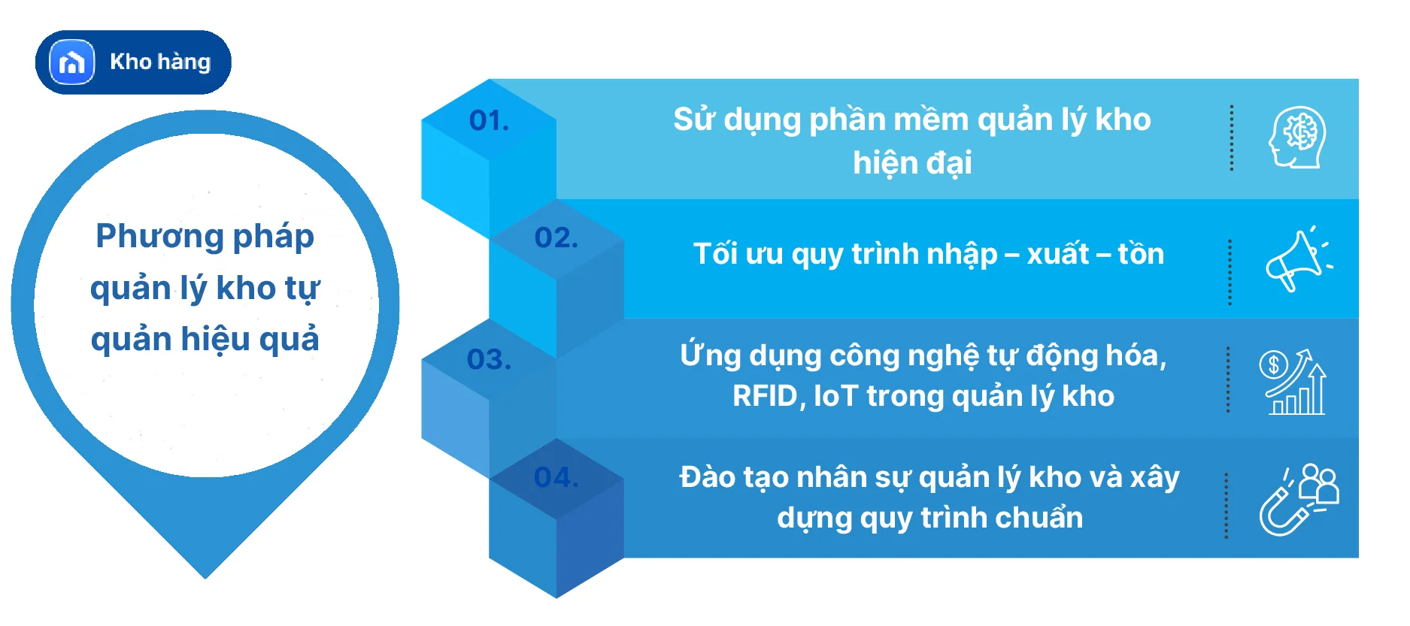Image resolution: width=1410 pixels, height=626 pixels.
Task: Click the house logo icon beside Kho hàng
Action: pyautogui.click(x=72, y=62)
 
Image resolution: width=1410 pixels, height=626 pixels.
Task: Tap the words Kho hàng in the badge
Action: pyautogui.click(x=160, y=62)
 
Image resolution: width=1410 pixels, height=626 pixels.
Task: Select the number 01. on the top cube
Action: pyautogui.click(x=489, y=121)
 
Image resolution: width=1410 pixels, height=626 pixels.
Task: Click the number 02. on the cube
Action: pyautogui.click(x=556, y=238)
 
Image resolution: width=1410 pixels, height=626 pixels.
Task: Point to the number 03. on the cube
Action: pyautogui.click(x=489, y=359)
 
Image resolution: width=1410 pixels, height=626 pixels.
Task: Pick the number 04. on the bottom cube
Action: pyautogui.click(x=556, y=477)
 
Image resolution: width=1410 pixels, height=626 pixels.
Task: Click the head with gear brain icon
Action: pyautogui.click(x=1296, y=138)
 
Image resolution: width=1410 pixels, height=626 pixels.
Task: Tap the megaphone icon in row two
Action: pyautogui.click(x=1297, y=259)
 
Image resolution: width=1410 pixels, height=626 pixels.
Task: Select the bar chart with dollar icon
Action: pyautogui.click(x=1293, y=382)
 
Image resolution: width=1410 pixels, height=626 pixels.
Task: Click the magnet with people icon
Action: pyautogui.click(x=1298, y=500)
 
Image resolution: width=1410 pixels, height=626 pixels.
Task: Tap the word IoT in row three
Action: pyautogui.click(x=835, y=396)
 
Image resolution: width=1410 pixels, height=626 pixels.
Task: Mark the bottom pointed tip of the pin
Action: pyautogui.click(x=205, y=575)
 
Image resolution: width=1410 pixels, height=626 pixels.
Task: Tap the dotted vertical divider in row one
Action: pyautogui.click(x=1231, y=138)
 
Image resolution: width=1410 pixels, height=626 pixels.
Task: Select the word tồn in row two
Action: pyautogui.click(x=1141, y=254)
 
